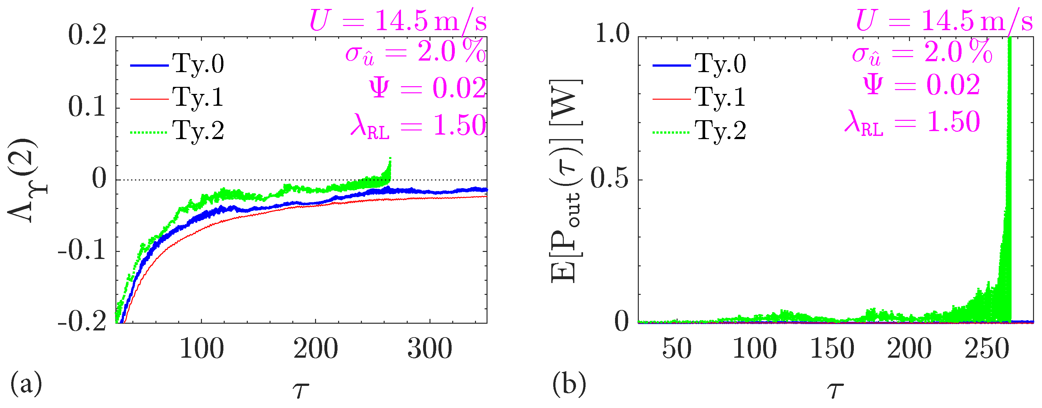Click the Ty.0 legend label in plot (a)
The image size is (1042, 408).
click(198, 64)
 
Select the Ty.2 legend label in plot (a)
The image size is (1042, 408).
click(198, 131)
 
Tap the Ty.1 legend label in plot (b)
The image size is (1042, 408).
click(720, 97)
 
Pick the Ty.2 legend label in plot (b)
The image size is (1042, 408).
click(720, 131)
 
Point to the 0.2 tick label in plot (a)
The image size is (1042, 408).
click(87, 35)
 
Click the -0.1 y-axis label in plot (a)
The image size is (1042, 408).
click(82, 251)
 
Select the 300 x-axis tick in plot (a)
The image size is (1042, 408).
click(429, 349)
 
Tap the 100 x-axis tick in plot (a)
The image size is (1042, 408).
click(201, 349)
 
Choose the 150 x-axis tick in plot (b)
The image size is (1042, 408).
click(832, 349)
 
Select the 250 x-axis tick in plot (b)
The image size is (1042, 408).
click(987, 349)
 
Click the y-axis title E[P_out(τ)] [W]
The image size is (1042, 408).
click(566, 180)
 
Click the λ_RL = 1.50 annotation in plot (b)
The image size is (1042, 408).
click(912, 122)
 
